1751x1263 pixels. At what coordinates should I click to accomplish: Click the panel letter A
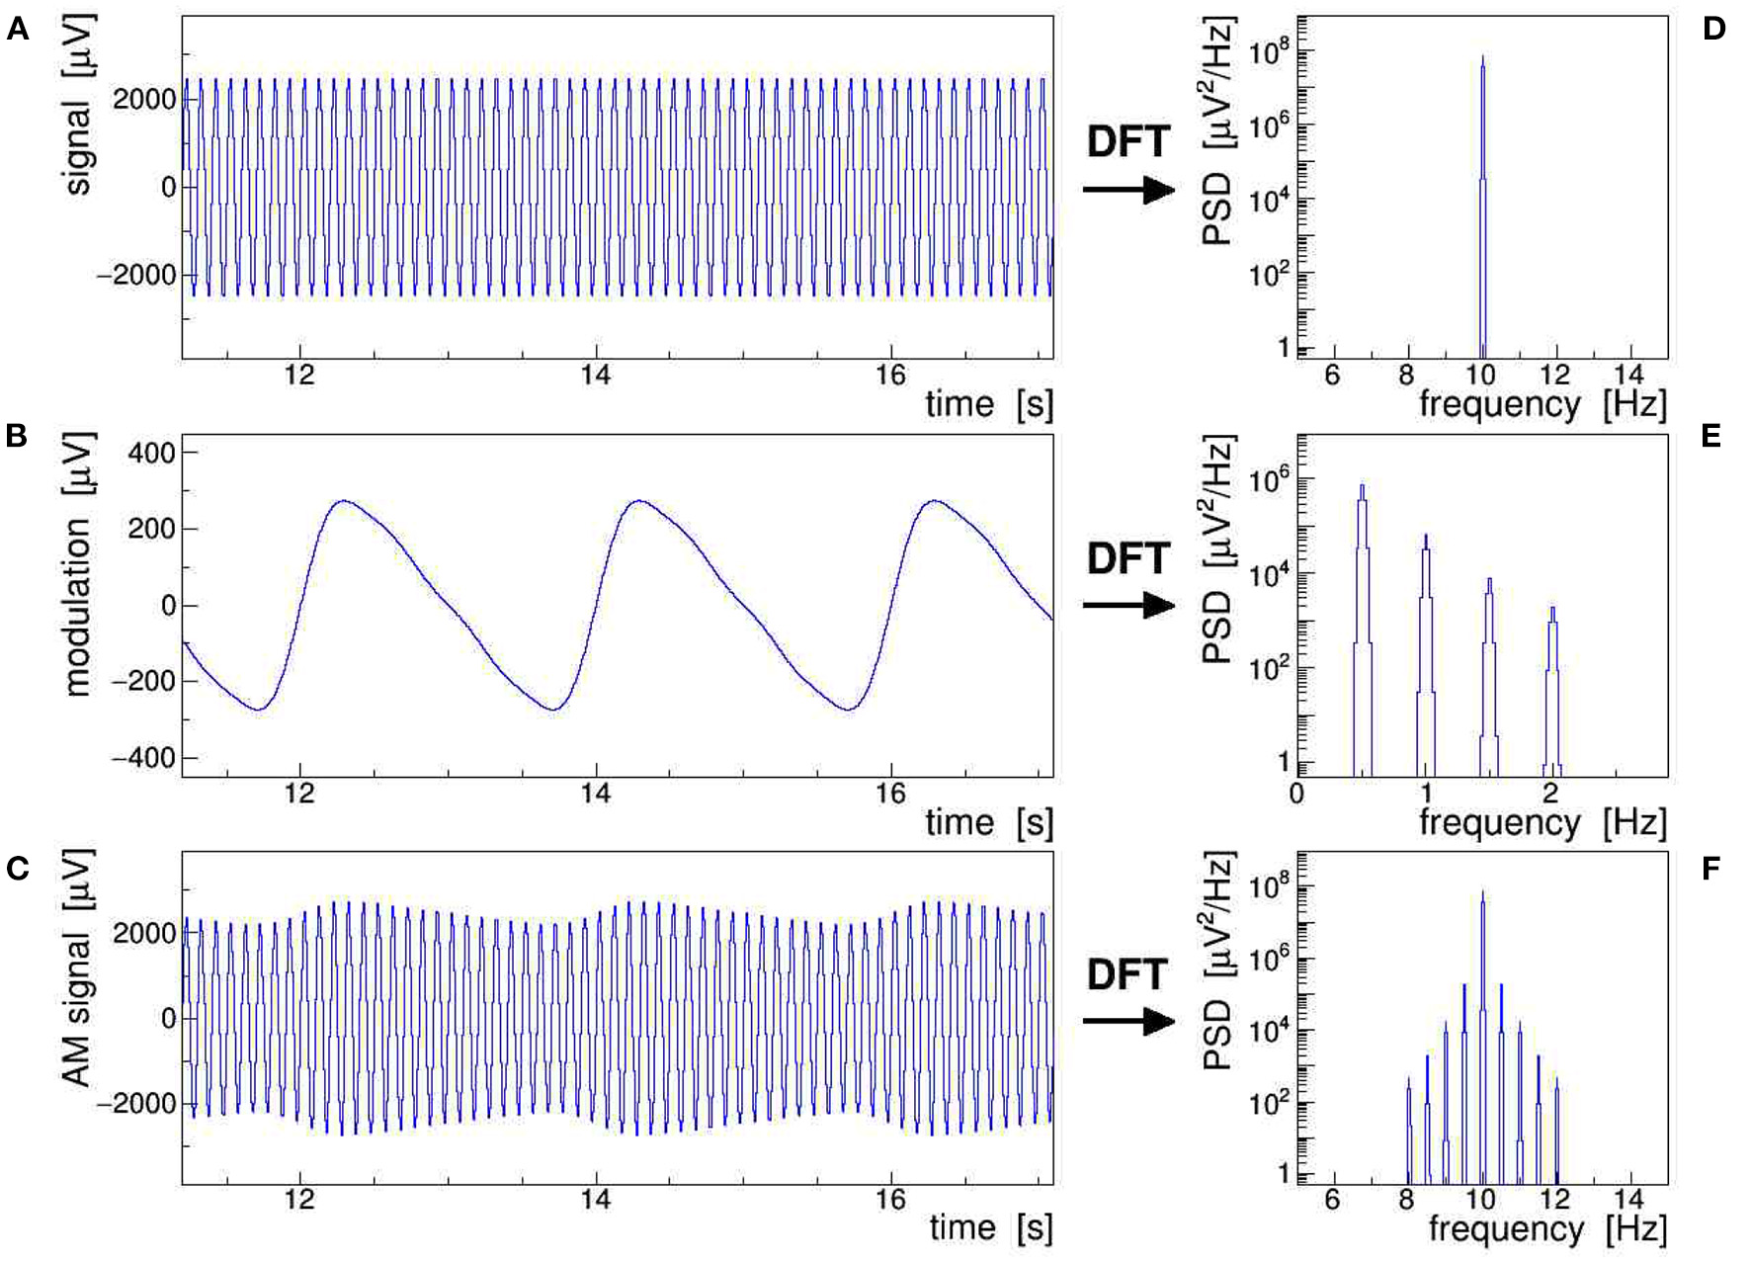pos(17,30)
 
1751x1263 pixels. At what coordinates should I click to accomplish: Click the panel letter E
pos(1711,436)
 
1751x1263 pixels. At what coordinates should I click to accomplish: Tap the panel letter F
pos(1711,869)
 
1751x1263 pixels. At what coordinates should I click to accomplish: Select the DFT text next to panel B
pos(1127,559)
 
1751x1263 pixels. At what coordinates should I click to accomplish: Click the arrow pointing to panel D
pos(1127,189)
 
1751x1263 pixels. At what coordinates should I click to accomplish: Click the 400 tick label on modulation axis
pos(151,454)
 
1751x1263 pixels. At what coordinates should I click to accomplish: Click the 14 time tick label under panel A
pos(595,375)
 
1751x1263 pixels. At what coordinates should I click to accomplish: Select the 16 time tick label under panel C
pos(890,1199)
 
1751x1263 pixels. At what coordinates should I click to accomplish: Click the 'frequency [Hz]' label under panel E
pos(1542,822)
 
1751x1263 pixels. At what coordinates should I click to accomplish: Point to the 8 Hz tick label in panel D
pos(1405,375)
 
